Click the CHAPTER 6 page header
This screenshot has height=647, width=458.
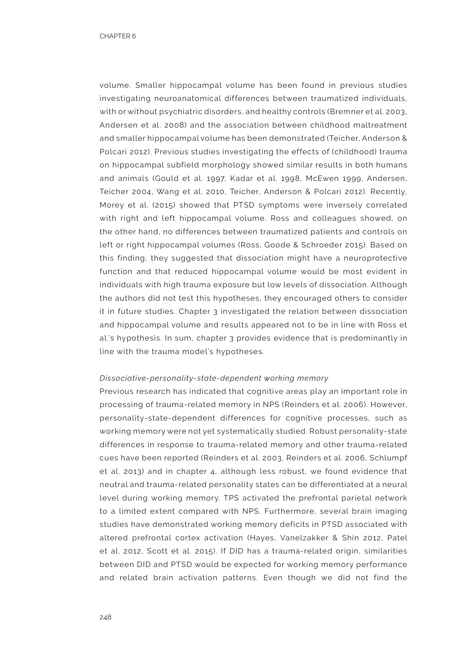(117, 36)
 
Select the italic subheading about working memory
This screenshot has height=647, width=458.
(214, 378)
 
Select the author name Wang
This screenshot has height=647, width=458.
(168, 192)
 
